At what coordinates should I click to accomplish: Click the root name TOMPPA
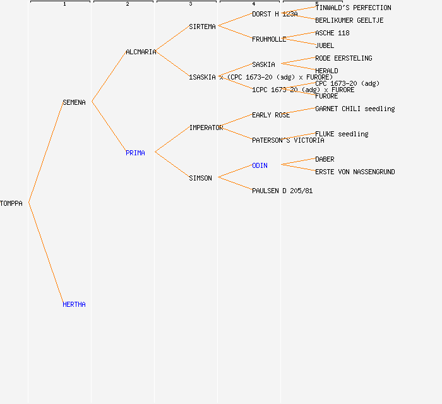(x=11, y=203)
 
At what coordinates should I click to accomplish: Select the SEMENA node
(x=74, y=102)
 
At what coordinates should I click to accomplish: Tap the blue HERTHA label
(x=74, y=304)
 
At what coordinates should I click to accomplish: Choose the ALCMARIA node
(x=141, y=52)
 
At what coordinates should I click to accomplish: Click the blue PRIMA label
(x=135, y=153)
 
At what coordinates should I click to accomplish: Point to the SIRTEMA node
(x=202, y=27)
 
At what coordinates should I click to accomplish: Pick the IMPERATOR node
(x=206, y=128)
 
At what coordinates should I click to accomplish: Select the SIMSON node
(x=200, y=178)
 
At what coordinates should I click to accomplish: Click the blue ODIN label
(x=260, y=165)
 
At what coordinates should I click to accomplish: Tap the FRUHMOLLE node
(x=269, y=39)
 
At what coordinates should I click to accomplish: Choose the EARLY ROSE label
(x=271, y=115)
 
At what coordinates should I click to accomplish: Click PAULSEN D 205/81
(x=282, y=191)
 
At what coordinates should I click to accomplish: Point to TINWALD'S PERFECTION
(x=353, y=8)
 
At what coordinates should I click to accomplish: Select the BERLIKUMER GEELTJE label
(x=349, y=20)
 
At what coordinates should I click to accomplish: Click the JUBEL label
(x=325, y=45)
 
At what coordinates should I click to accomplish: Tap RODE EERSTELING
(x=343, y=58)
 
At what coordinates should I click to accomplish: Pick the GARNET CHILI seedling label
(x=355, y=109)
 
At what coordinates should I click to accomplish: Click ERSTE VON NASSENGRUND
(x=355, y=172)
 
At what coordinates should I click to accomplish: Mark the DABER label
(x=325, y=159)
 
